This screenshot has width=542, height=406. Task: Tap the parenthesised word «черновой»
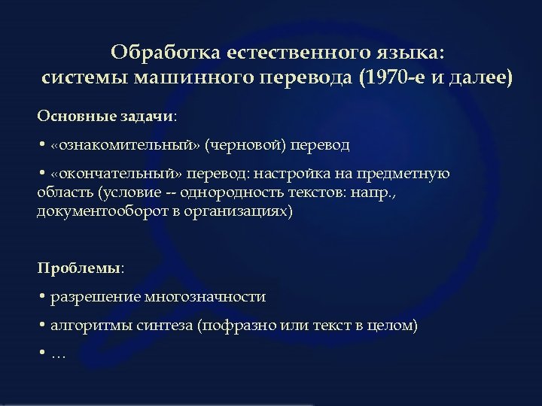click(248, 144)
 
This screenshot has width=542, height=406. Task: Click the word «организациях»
click(245, 211)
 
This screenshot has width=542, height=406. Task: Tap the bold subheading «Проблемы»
click(79, 268)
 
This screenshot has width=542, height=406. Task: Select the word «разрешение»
click(89, 297)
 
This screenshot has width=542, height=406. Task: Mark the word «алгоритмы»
click(87, 326)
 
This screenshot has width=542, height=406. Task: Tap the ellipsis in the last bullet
click(59, 353)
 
